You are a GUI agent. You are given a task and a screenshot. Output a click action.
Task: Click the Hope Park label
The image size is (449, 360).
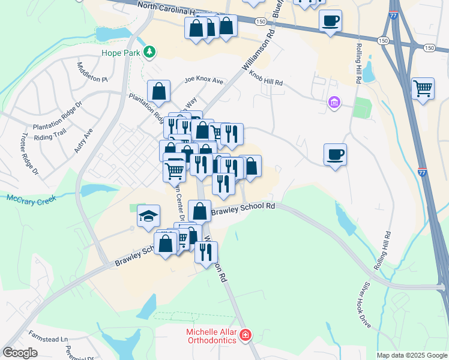click(x=121, y=53)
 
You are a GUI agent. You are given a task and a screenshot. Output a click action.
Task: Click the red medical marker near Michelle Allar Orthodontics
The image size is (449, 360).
click(x=245, y=335)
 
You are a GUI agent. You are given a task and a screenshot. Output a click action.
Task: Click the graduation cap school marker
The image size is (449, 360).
click(x=148, y=216)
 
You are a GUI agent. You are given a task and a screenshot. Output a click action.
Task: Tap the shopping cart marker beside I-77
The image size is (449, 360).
click(x=423, y=89)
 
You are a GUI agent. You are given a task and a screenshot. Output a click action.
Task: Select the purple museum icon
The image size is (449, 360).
click(x=334, y=104)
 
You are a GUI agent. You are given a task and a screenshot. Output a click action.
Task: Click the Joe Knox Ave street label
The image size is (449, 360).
click(x=203, y=80)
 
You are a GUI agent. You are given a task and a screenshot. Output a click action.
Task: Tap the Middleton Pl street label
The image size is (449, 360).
click(x=92, y=71)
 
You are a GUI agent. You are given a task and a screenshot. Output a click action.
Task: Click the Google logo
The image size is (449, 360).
click(x=20, y=353)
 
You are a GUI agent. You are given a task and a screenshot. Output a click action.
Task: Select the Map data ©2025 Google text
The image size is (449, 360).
click(x=411, y=355)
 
